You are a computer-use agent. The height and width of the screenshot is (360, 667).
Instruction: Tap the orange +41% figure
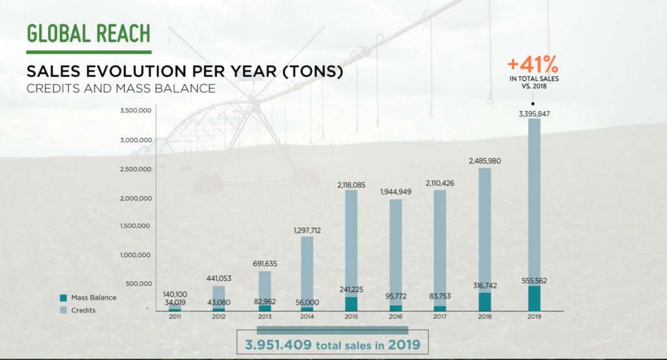(x=533, y=64)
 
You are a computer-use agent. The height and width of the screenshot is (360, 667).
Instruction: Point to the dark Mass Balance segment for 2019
(x=534, y=298)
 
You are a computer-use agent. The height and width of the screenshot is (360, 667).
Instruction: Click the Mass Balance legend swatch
(x=63, y=298)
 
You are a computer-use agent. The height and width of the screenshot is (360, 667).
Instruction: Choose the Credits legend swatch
(x=63, y=310)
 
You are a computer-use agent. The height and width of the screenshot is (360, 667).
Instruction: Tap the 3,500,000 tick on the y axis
(x=136, y=111)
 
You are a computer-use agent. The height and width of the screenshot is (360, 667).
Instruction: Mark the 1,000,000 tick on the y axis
(x=136, y=255)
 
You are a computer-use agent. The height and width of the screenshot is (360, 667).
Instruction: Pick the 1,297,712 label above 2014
(x=307, y=230)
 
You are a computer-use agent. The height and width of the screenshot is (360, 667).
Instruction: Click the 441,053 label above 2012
(x=218, y=279)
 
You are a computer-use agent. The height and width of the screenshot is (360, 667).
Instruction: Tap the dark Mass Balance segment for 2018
(x=484, y=301)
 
